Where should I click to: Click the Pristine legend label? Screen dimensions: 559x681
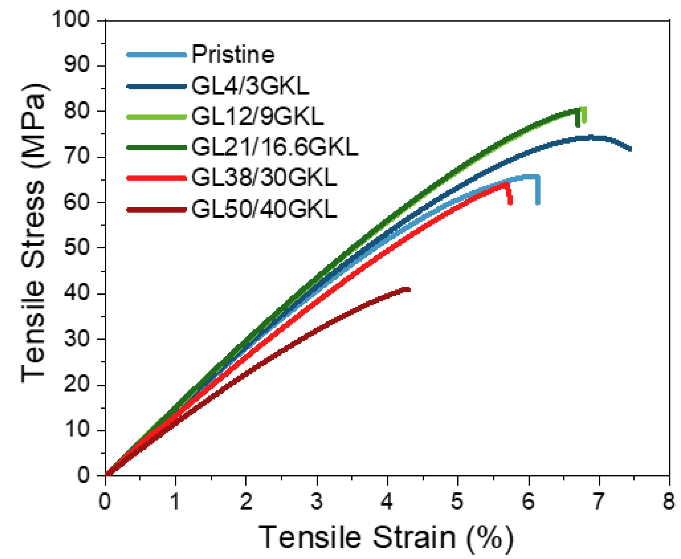click(x=233, y=54)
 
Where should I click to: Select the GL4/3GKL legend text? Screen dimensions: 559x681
click(x=250, y=86)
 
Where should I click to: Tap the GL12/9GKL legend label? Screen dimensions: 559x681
click(x=257, y=116)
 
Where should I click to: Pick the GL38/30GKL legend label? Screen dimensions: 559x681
click(x=264, y=178)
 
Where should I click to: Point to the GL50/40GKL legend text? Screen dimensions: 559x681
click(x=264, y=209)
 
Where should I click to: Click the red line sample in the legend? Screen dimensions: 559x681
click(x=156, y=178)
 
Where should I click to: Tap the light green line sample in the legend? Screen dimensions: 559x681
click(x=156, y=117)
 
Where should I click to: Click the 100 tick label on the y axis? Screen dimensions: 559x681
click(x=71, y=19)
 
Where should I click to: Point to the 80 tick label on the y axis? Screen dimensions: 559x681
click(x=77, y=111)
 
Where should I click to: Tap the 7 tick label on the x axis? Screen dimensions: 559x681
click(x=598, y=501)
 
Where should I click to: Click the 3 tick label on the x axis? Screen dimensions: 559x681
click(x=317, y=501)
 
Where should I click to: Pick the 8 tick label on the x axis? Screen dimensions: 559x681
click(x=668, y=501)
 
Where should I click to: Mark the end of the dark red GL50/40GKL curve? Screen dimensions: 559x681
click(x=408, y=289)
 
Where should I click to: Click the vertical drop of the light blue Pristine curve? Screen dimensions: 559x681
click(x=538, y=192)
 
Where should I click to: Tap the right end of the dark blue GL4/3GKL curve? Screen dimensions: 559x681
click(x=630, y=149)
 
